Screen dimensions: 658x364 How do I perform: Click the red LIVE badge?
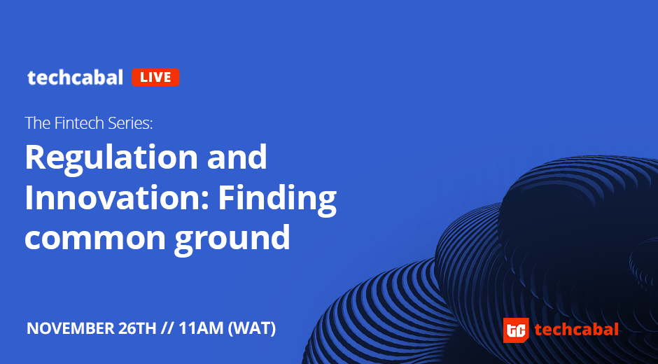(155, 77)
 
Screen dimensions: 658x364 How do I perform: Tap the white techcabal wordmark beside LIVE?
(75, 78)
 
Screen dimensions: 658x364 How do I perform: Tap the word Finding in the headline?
(277, 199)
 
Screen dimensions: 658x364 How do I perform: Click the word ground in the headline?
(232, 239)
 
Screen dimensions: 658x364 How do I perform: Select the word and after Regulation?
(237, 157)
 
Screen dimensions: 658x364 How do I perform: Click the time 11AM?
(201, 329)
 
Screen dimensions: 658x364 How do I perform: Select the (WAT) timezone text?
(251, 329)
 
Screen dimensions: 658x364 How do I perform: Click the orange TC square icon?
(516, 330)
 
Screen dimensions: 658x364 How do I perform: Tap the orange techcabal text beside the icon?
(576, 330)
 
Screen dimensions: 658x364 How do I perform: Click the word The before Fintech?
(38, 123)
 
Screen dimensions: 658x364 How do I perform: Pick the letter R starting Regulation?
(36, 156)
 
